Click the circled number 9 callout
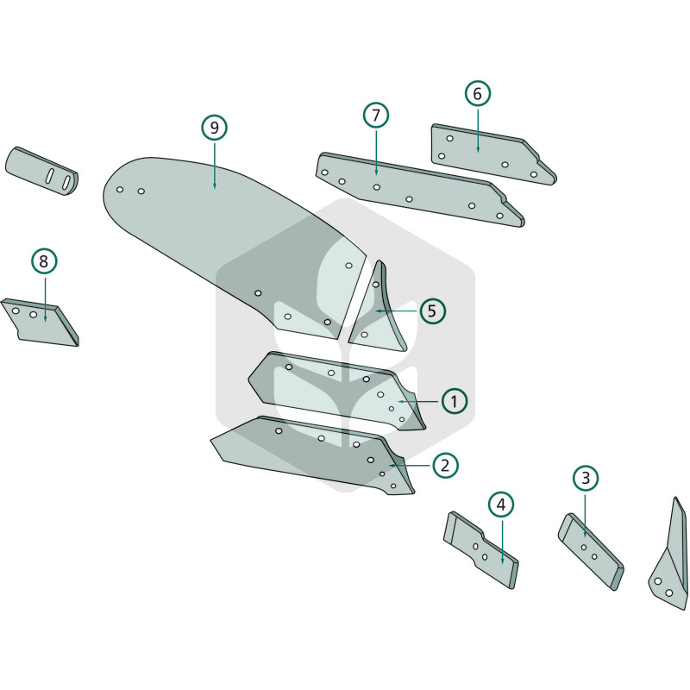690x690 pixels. pos(214,128)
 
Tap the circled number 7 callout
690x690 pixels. pos(376,116)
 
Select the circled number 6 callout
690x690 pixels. pos(478,93)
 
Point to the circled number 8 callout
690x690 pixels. pos(44,261)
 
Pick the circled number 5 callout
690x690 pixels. pos(433,311)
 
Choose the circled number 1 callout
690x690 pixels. pos(455,401)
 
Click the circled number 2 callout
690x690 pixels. pos(445,465)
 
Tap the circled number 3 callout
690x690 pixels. pos(586,478)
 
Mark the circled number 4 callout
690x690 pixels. pos(501,505)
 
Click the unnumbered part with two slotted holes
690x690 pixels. pos(41,171)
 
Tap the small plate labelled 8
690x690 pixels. pos(41,323)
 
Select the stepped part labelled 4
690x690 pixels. pos(480,549)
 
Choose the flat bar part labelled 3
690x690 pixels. pos(591,551)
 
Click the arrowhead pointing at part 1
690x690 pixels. pos(400,401)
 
